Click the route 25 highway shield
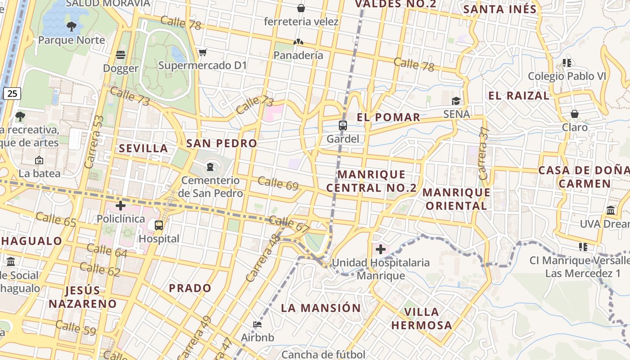(12, 94)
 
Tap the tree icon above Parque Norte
(72, 27)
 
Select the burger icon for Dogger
(121, 55)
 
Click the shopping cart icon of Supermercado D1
(202, 53)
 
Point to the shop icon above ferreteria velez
(301, 8)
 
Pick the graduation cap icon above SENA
(456, 101)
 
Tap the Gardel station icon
(343, 126)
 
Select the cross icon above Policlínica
(121, 206)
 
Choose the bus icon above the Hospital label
(159, 225)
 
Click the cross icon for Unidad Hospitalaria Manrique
(381, 249)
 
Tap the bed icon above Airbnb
(257, 324)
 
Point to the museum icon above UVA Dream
(611, 210)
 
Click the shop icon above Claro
(575, 114)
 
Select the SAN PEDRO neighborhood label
(222, 144)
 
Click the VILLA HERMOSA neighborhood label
(421, 319)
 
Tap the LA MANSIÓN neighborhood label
(321, 308)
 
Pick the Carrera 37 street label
(484, 153)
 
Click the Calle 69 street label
(278, 183)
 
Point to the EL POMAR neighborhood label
(389, 117)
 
